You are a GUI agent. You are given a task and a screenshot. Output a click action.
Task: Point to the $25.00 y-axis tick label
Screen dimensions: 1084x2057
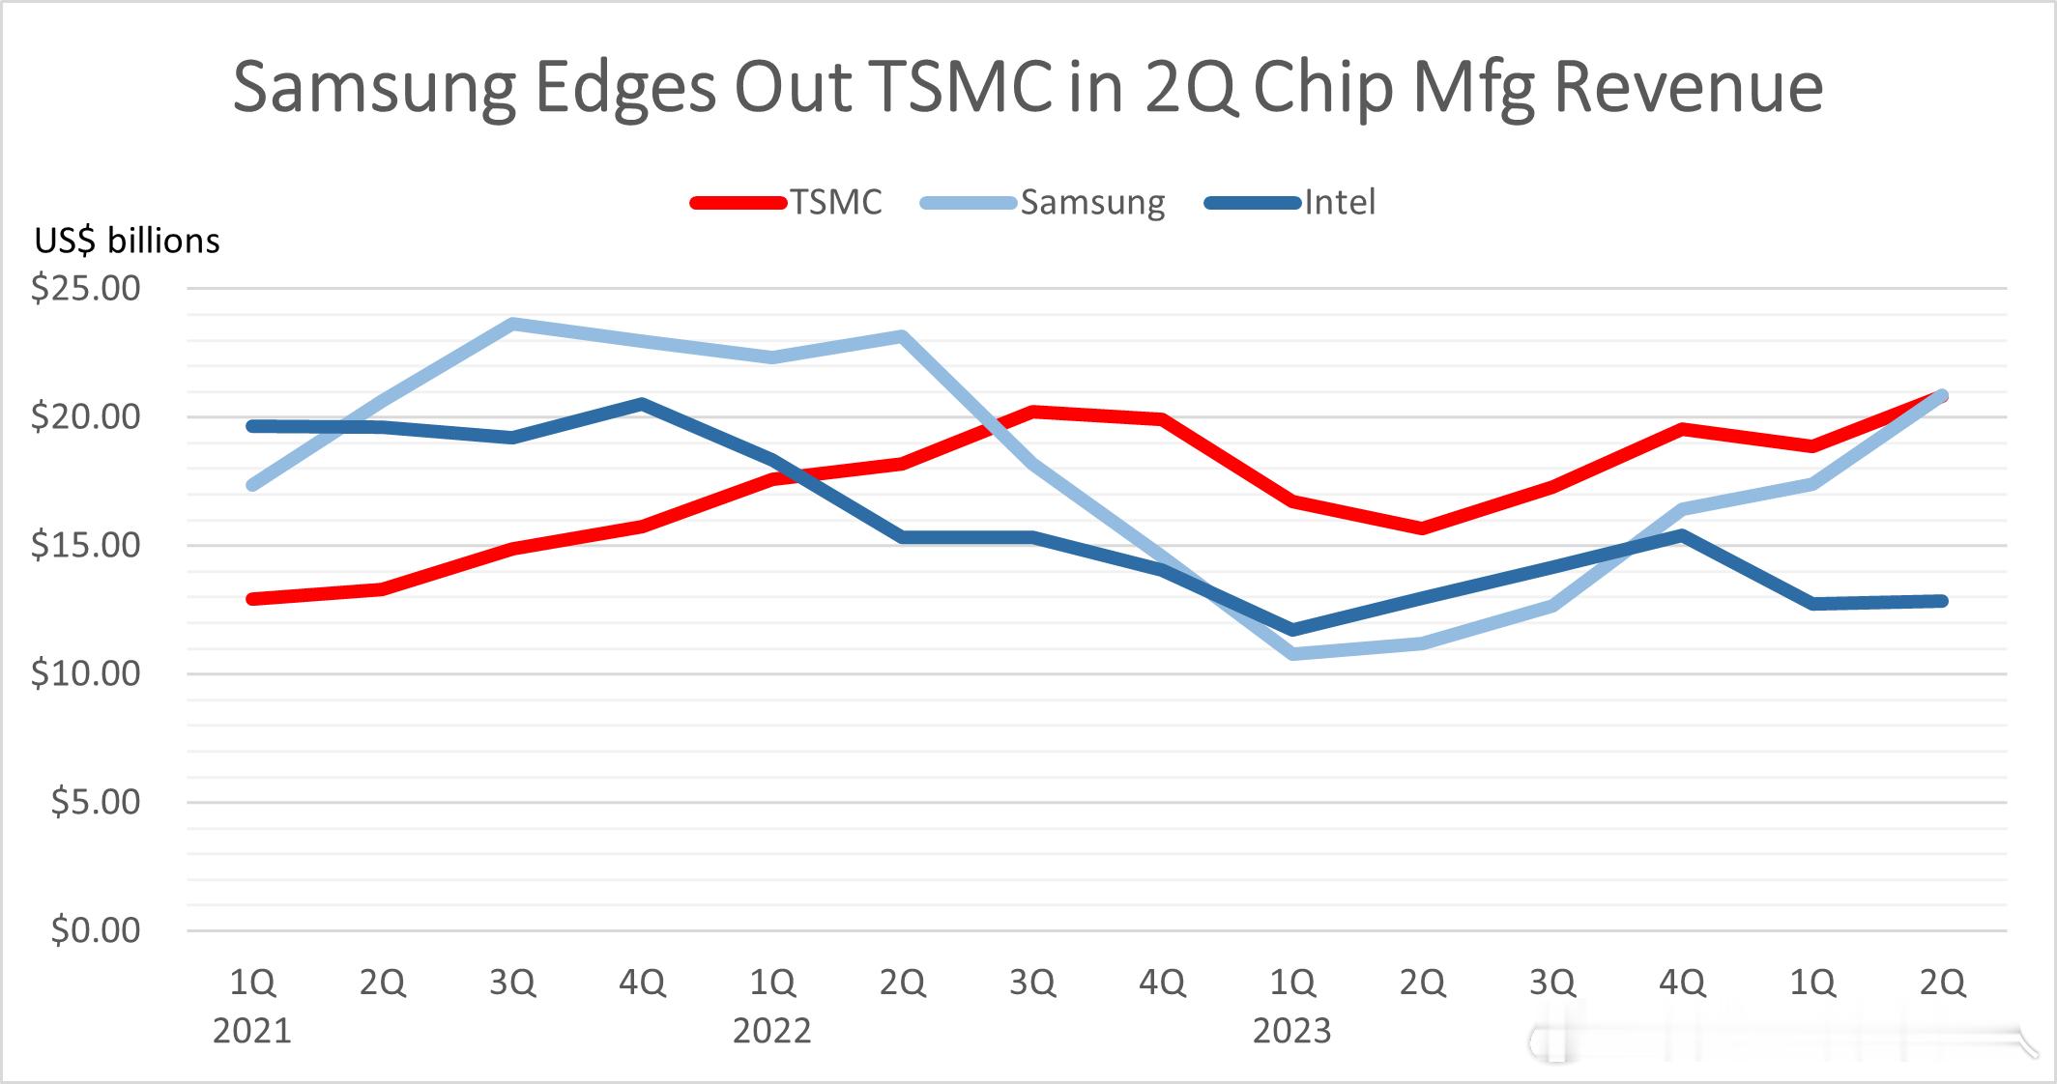pos(86,289)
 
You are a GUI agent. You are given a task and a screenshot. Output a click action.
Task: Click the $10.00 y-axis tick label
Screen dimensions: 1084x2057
pos(86,673)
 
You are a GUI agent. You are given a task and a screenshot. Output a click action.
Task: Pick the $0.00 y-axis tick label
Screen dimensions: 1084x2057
pos(95,930)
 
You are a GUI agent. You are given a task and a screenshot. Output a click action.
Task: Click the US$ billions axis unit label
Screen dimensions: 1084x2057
pos(128,241)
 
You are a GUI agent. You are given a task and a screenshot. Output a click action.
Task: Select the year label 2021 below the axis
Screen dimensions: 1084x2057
pos(252,1032)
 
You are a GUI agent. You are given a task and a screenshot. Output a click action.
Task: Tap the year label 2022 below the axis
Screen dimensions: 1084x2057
pos(771,1032)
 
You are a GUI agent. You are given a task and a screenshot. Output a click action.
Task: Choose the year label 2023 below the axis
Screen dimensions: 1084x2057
pos(1291,1032)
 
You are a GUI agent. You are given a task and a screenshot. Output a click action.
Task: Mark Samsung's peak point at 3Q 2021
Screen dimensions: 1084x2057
pos(512,324)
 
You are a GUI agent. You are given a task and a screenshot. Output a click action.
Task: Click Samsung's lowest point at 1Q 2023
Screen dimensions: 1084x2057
pos(1292,654)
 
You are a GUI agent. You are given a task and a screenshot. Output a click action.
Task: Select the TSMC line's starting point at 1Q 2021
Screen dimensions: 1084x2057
pos(253,599)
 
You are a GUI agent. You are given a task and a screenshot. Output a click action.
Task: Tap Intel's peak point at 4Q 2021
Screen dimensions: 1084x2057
pos(642,403)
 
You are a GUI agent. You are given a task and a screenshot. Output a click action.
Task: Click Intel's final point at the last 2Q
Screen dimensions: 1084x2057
pos(1942,601)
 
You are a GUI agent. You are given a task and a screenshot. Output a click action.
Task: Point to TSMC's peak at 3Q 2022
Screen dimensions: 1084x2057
pos(1032,411)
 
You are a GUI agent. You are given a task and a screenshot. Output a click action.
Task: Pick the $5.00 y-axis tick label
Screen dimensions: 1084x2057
pos(95,802)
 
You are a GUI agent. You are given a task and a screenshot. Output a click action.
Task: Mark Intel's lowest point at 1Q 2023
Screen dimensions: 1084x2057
pos(1292,630)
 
